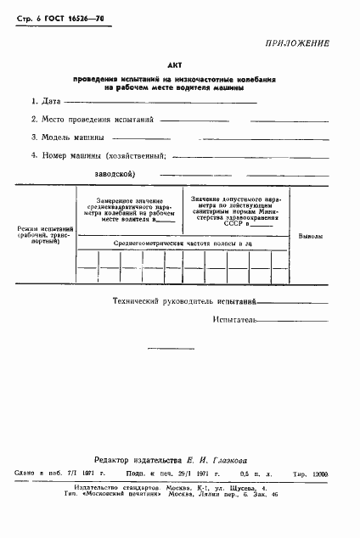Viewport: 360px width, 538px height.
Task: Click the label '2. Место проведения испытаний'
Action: point(85,120)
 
